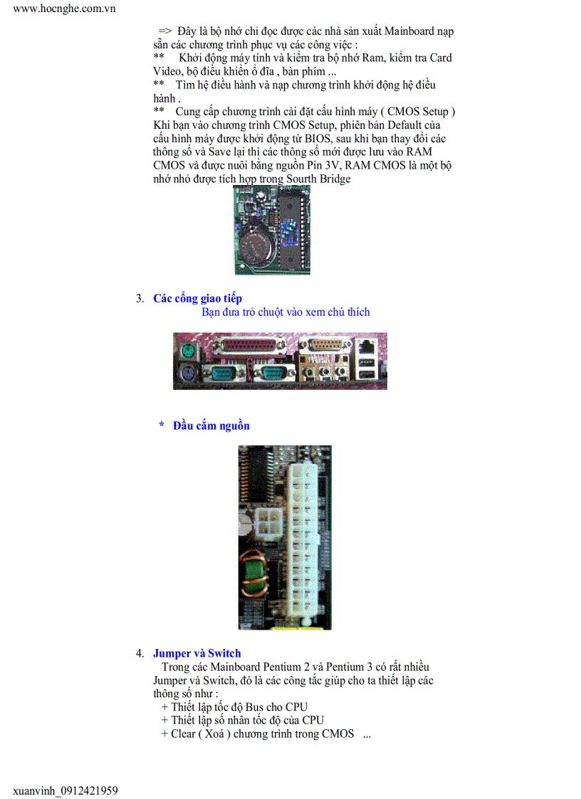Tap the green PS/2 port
click(187, 350)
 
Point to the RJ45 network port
click(367, 349)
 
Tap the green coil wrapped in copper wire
click(256, 577)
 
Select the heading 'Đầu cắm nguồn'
click(211, 425)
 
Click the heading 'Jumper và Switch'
click(197, 653)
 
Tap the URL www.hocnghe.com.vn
click(64, 9)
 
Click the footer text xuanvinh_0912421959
click(66, 790)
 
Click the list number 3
click(140, 299)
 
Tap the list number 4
click(140, 654)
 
